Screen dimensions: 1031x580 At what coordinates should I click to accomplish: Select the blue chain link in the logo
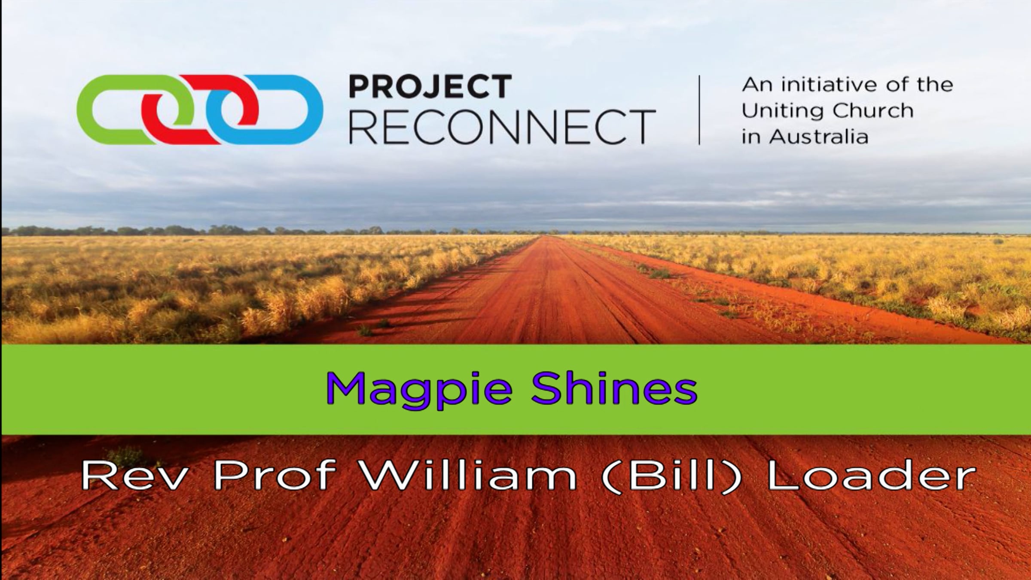point(314,110)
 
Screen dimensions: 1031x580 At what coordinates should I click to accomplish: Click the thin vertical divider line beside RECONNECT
point(699,110)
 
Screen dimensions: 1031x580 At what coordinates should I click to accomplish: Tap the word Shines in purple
point(614,388)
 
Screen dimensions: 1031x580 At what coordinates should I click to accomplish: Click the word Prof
point(275,476)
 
